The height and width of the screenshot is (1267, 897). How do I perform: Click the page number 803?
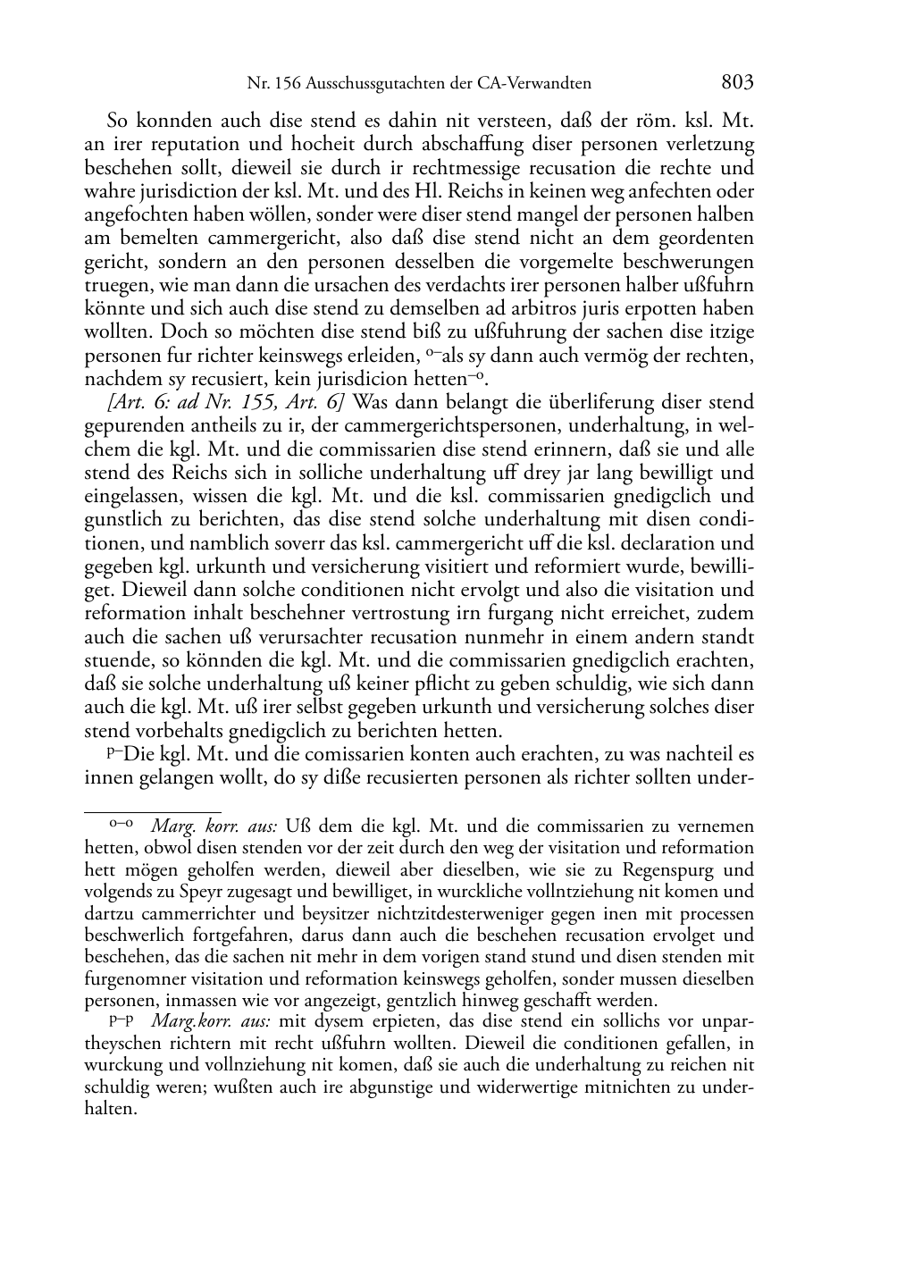pyautogui.click(x=737, y=83)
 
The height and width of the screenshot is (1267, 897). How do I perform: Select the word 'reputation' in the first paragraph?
pyautogui.click(x=172, y=144)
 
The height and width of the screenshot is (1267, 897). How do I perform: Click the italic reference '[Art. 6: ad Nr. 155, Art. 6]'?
pyautogui.click(x=229, y=402)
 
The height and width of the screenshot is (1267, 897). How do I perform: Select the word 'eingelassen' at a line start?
pyautogui.click(x=128, y=496)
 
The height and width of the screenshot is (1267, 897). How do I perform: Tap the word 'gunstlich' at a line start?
pyautogui.click(x=119, y=519)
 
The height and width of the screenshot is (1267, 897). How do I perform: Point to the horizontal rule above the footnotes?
pyautogui.click(x=152, y=812)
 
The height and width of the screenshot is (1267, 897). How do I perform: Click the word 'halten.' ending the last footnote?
pyautogui.click(x=110, y=1108)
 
